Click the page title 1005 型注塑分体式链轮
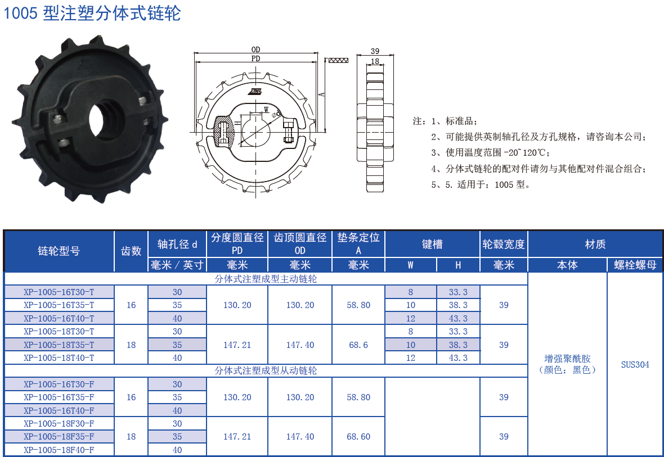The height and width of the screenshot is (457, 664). (x=92, y=13)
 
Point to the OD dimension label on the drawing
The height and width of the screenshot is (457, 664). (x=256, y=49)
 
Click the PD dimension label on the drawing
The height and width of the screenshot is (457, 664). (x=256, y=58)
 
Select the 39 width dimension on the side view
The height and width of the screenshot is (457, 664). (x=375, y=51)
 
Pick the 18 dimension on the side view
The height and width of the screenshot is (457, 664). (x=375, y=61)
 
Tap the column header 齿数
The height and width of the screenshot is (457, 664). (x=131, y=251)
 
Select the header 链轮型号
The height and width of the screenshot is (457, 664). (x=59, y=251)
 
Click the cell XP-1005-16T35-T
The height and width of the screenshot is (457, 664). (x=59, y=305)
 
